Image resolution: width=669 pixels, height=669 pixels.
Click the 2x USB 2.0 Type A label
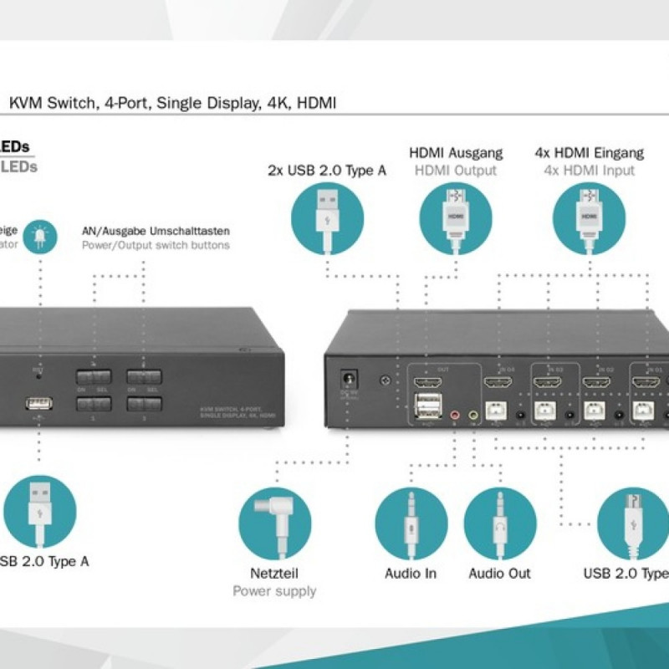tap(327, 171)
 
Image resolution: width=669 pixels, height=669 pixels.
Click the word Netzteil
tap(274, 574)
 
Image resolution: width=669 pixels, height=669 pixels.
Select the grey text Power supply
tap(274, 591)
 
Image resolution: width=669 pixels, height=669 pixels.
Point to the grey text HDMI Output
tap(456, 171)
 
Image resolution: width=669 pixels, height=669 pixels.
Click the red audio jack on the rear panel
tap(455, 412)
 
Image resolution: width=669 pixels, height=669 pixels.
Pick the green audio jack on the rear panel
tap(473, 412)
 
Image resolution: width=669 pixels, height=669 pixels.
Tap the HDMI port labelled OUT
tap(427, 384)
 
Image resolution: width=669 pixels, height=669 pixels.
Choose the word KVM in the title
tap(25, 104)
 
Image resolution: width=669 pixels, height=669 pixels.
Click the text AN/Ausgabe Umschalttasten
tap(156, 230)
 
